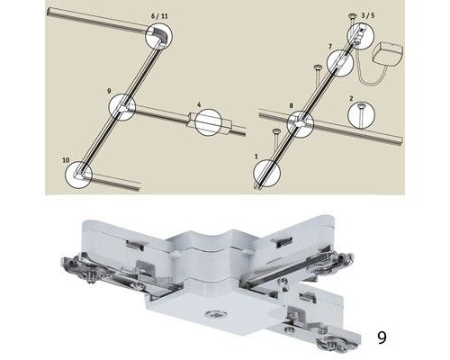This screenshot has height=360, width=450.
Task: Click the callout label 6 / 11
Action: coord(159,16)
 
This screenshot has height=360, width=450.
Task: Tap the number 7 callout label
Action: coord(330,47)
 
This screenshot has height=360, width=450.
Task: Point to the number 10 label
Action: coord(66,160)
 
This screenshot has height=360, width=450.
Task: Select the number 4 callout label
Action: coord(199,104)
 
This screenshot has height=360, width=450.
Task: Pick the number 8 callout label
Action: coord(291,105)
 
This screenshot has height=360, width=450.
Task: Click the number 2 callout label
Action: coord(351,98)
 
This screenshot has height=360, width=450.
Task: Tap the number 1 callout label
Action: coord(256,157)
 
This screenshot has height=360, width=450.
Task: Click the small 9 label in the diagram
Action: coord(109,91)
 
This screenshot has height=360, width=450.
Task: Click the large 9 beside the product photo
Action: coord(382,337)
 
